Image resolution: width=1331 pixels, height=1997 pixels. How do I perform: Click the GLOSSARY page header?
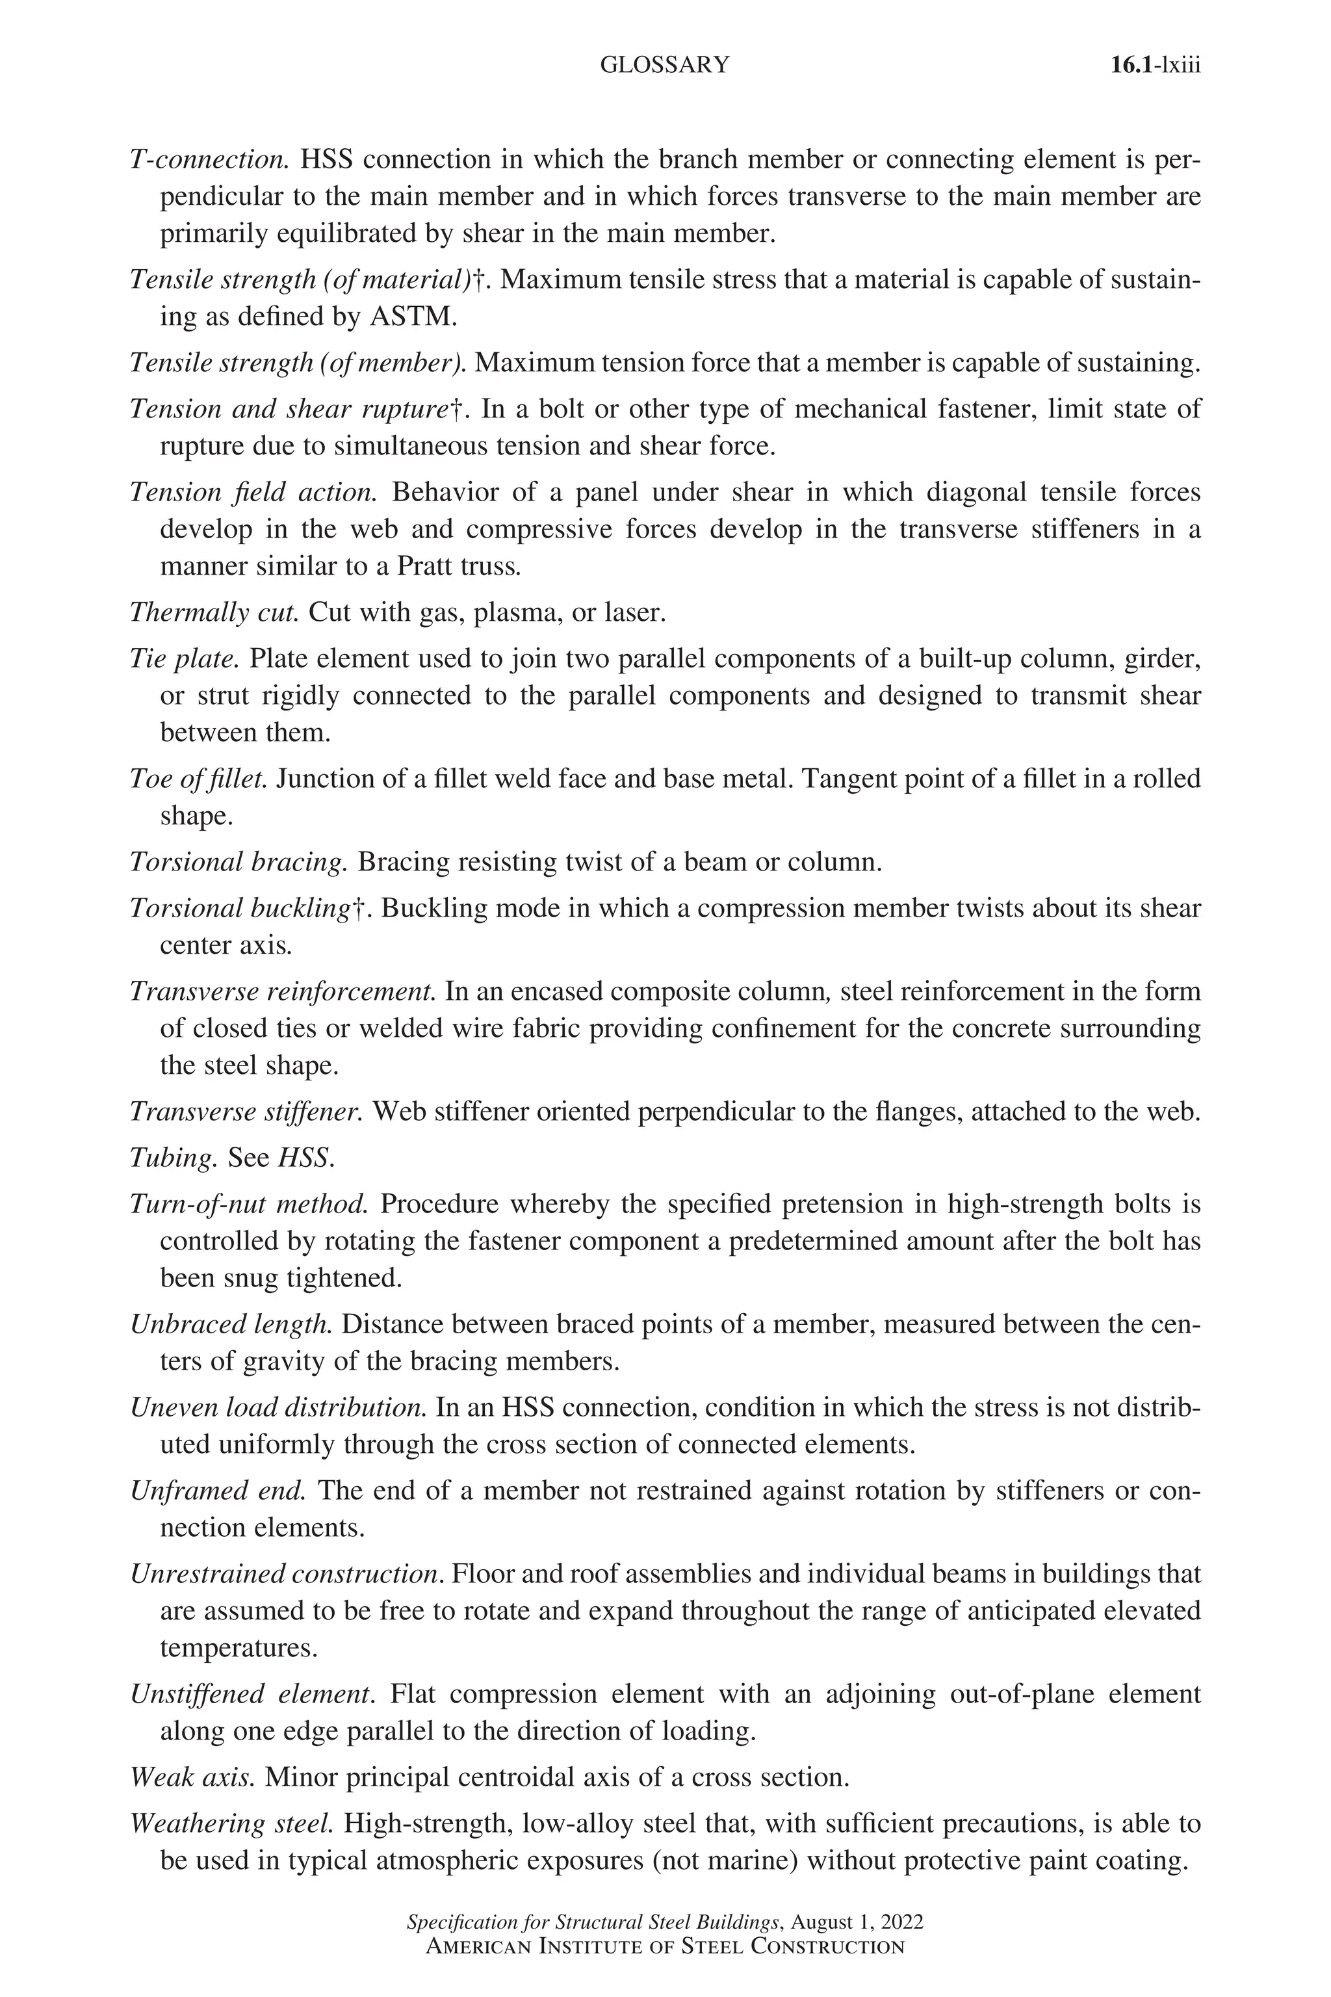pos(664,66)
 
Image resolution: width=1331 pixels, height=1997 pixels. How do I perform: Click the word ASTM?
pos(413,317)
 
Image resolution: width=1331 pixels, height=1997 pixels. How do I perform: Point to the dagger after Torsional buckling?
pos(358,909)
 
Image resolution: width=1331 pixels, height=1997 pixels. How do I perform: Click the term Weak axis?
pos(192,1777)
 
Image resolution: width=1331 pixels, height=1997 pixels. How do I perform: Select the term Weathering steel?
pos(231,1824)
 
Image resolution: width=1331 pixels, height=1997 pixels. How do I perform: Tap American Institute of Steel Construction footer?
pos(665,1947)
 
